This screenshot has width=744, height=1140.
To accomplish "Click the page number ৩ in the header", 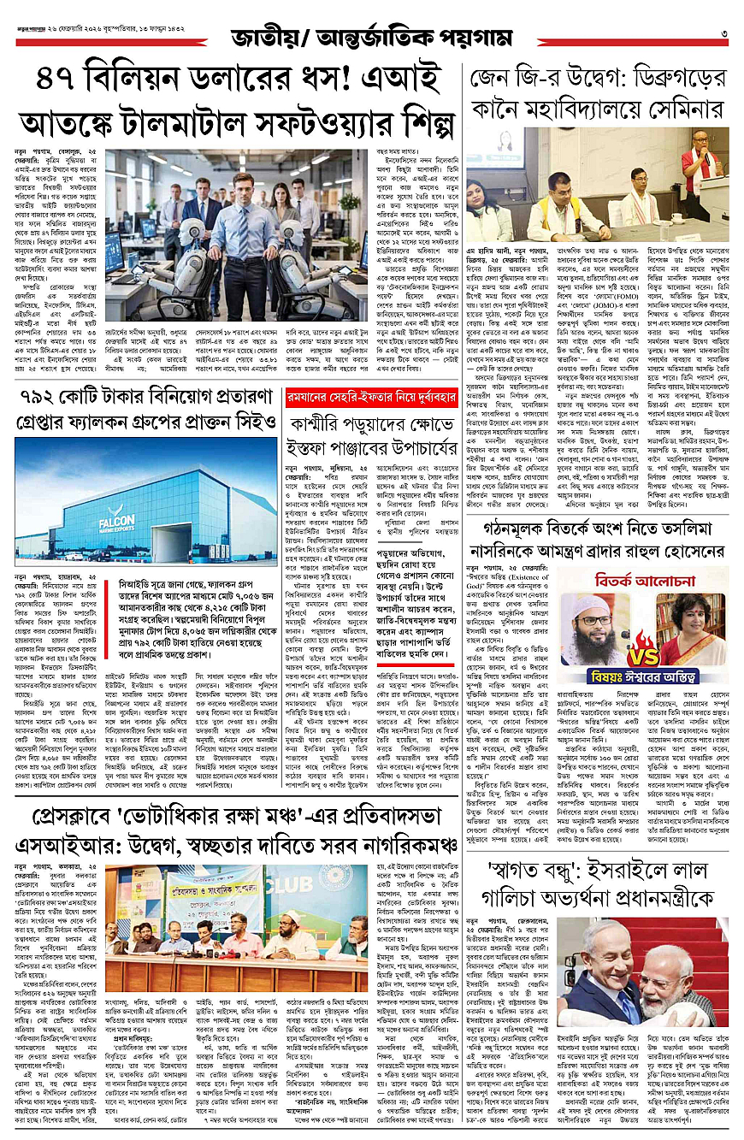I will point(723,33).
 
